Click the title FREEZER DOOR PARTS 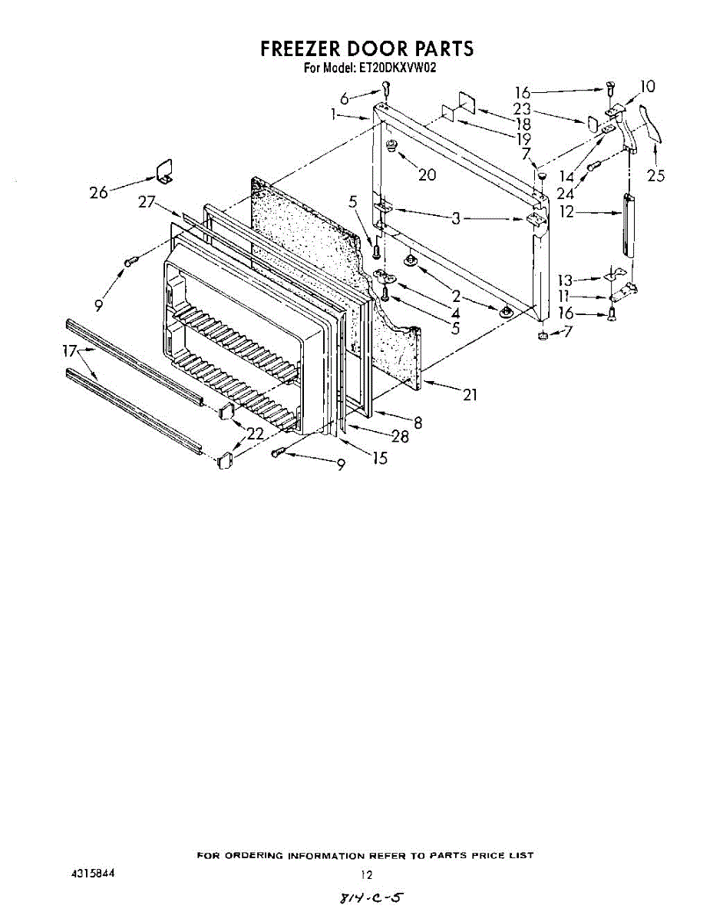[x=367, y=48]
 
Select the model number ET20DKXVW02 [x=392, y=68]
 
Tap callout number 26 [x=98, y=193]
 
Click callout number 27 [x=148, y=202]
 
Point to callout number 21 [x=470, y=395]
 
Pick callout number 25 [x=655, y=176]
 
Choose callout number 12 [x=566, y=211]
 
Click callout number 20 [x=427, y=174]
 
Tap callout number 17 [x=70, y=351]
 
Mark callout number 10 [x=648, y=87]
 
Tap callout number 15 [x=379, y=459]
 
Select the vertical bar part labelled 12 [x=628, y=227]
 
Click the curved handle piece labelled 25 [x=651, y=124]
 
